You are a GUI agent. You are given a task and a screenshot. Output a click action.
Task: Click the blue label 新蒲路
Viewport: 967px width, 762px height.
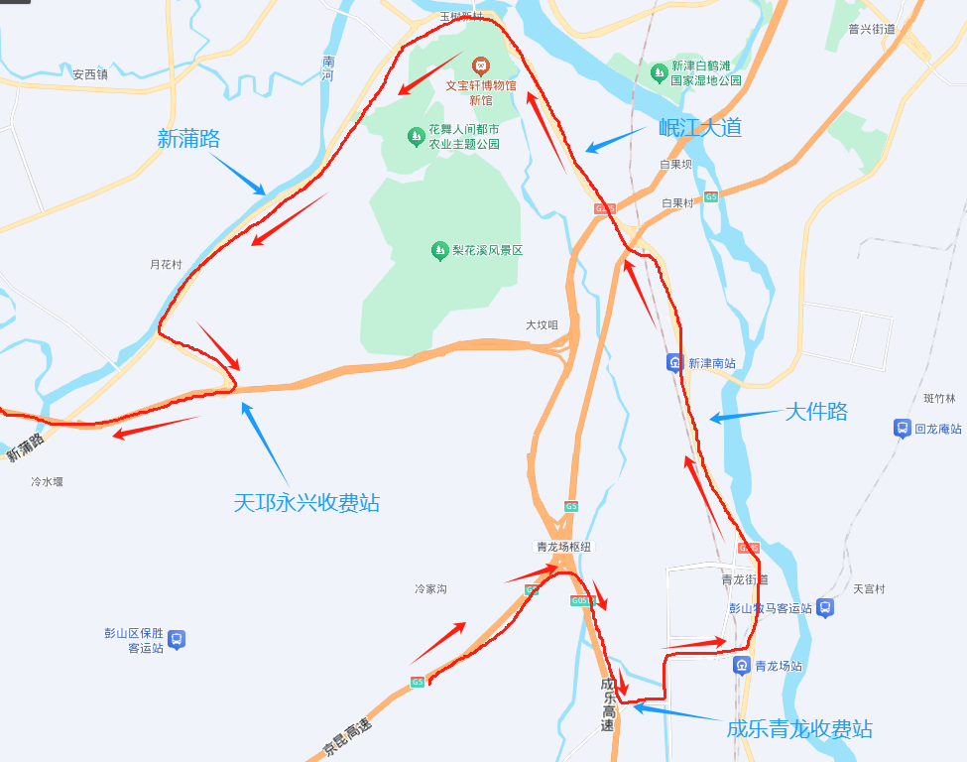point(188,138)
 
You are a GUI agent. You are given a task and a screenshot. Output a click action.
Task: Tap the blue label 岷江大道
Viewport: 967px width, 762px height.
point(700,127)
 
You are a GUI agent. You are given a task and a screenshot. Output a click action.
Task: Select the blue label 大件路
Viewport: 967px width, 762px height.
point(816,411)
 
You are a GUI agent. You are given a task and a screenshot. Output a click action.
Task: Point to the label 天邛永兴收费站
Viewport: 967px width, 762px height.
point(306,502)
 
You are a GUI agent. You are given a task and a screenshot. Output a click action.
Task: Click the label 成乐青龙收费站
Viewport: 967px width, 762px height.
point(799,729)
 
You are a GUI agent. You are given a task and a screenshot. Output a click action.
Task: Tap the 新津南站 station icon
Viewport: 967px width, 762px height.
point(674,363)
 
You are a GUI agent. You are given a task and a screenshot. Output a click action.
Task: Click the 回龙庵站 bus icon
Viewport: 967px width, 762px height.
point(902,429)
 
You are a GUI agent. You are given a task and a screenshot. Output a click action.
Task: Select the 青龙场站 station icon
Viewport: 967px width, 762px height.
point(741,666)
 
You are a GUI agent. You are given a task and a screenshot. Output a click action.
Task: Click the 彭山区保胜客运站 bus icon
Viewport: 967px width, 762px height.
point(177,640)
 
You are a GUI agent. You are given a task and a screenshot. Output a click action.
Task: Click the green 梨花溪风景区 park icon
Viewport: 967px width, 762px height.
point(439,251)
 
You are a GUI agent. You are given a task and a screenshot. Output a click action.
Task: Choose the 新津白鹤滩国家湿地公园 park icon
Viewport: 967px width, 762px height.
point(659,71)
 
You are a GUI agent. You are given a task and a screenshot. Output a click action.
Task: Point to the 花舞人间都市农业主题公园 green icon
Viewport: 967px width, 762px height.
point(416,136)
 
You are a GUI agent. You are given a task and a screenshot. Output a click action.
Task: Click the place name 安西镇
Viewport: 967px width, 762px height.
point(89,73)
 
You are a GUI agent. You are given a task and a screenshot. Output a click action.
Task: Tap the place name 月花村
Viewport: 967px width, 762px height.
point(166,265)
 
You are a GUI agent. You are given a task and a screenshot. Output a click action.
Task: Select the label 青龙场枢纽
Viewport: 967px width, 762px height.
point(565,547)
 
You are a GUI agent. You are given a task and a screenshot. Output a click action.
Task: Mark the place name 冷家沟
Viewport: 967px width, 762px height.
point(430,589)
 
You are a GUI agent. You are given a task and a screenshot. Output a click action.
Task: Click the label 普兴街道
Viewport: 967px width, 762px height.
point(872,29)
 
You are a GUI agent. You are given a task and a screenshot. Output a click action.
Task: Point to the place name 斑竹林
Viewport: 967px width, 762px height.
point(938,399)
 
